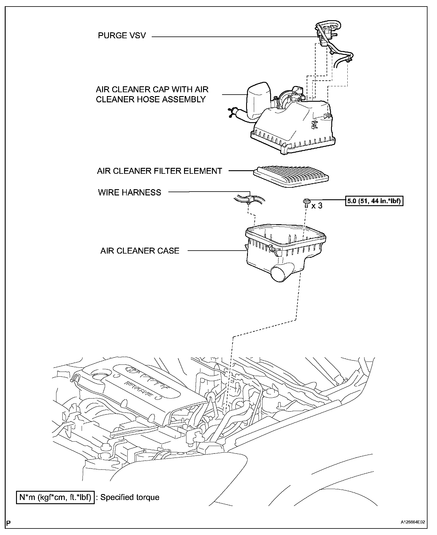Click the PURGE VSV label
click(122, 36)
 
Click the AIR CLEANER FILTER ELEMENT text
click(159, 171)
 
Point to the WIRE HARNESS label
click(129, 192)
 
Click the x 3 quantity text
click(317, 206)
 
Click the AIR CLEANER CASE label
click(140, 251)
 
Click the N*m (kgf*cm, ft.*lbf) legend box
click(55, 497)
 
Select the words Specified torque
click(130, 497)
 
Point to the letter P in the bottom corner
click(8, 523)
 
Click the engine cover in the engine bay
click(134, 386)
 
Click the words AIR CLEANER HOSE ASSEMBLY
click(151, 99)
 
